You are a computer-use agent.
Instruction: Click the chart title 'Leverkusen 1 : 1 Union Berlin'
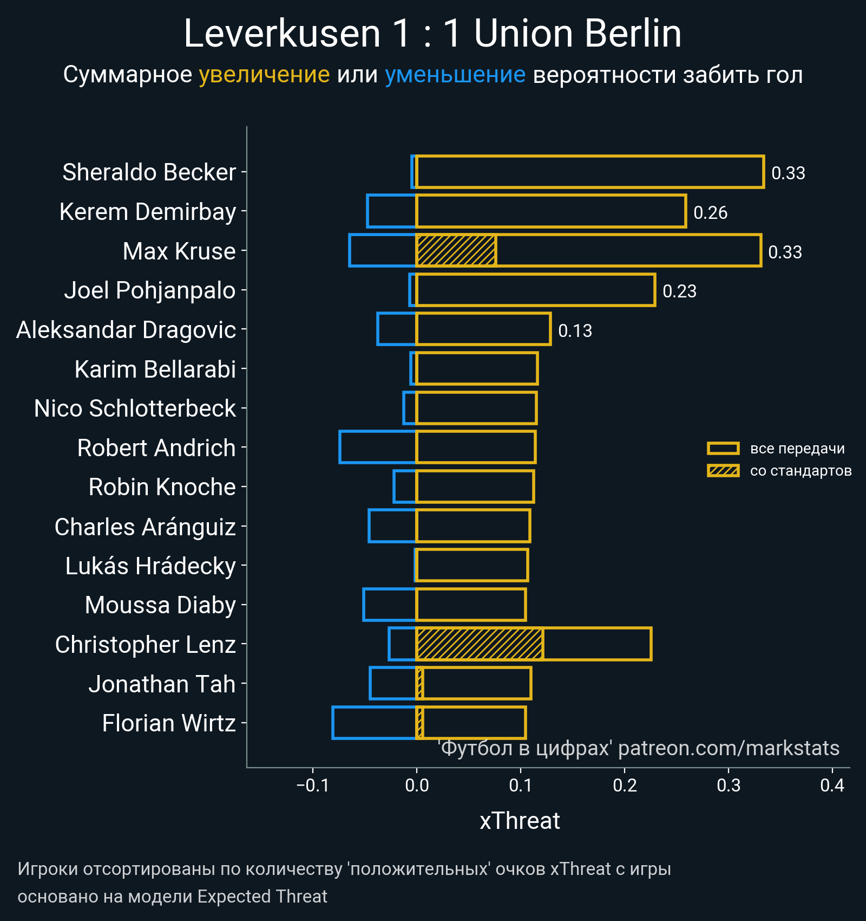click(432, 34)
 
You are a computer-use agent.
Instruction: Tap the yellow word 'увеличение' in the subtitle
click(264, 75)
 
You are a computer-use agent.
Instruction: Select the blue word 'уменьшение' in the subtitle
click(455, 75)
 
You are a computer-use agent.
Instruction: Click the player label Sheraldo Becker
click(149, 172)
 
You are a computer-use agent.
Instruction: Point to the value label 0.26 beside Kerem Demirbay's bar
click(710, 212)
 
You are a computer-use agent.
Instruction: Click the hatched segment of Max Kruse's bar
click(456, 250)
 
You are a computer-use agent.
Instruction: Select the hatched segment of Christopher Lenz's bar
click(480, 644)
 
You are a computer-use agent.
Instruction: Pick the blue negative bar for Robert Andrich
click(377, 447)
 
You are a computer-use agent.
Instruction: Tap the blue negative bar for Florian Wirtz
click(374, 723)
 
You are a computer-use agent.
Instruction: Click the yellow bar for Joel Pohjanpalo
click(535, 290)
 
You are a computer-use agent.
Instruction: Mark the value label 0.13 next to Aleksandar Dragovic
click(575, 330)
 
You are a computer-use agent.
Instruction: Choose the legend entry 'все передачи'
click(797, 449)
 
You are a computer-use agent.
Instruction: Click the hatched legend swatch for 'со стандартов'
click(723, 471)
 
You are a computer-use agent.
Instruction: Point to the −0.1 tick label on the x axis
click(312, 785)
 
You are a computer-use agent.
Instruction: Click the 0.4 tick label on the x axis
click(832, 785)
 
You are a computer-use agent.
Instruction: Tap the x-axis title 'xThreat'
click(520, 821)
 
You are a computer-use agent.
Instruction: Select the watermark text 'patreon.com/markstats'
click(729, 748)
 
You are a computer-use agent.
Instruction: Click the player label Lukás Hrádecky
click(150, 566)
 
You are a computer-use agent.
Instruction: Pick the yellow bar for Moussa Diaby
click(471, 605)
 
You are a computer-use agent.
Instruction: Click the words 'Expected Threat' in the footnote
click(262, 897)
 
